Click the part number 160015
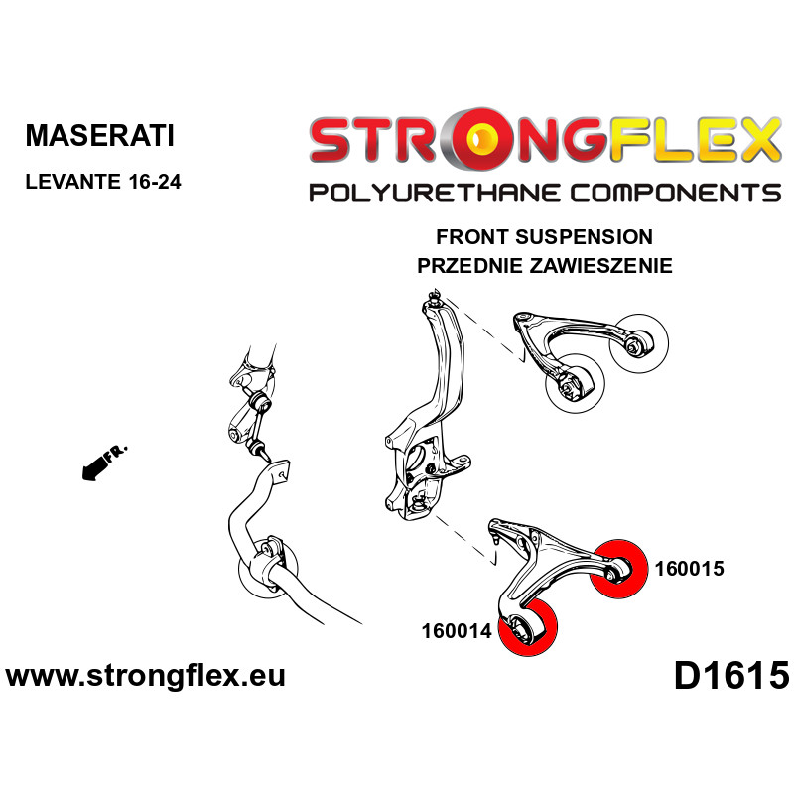689,568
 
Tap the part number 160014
457,631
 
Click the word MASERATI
100,135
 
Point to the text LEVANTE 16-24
103,182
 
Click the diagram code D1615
731,676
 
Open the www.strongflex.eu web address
146,676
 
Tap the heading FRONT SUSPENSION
544,237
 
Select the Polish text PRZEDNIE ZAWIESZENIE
544,265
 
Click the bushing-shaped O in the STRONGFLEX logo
483,138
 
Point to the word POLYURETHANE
435,194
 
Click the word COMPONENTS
675,194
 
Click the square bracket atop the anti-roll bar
280,472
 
